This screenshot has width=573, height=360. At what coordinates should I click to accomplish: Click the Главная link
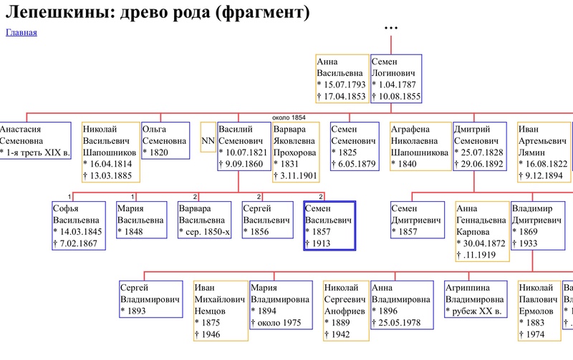point(21,32)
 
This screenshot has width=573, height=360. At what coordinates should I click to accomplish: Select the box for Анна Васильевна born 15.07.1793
point(342,79)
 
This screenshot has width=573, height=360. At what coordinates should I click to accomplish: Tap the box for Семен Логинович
point(396,79)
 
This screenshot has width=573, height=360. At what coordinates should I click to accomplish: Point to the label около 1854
point(289,117)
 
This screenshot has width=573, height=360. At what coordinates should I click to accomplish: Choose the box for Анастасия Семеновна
point(35,140)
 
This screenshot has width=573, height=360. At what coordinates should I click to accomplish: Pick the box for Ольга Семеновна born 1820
point(165,140)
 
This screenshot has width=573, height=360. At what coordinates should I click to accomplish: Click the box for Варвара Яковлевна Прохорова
point(296,152)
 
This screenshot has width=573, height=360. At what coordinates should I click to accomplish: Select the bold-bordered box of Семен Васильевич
point(329,225)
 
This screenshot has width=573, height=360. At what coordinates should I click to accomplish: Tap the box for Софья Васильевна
point(79,225)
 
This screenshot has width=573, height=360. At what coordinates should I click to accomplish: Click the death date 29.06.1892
point(481,164)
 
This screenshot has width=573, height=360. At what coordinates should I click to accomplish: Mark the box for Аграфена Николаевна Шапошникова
point(420,146)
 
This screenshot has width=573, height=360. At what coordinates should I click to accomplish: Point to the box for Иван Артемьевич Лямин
point(544,152)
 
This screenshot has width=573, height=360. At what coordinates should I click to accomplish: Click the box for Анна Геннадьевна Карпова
point(482,231)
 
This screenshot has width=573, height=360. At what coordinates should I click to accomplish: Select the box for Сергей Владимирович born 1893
point(151,299)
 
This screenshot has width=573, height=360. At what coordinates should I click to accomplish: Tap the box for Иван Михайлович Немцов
point(221,311)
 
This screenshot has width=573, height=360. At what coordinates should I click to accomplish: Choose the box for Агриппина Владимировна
point(476,299)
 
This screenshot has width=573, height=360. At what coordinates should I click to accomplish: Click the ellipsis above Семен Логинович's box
point(391,28)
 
